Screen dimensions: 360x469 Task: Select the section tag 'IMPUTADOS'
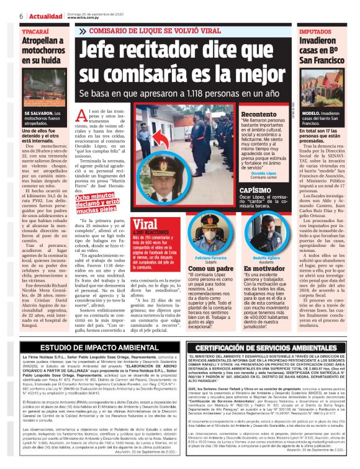tap(315, 30)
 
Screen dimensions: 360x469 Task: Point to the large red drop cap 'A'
tap(99, 114)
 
